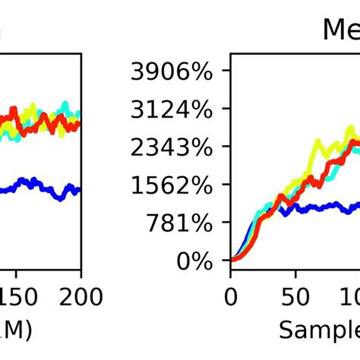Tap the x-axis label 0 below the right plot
coord(230,295)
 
